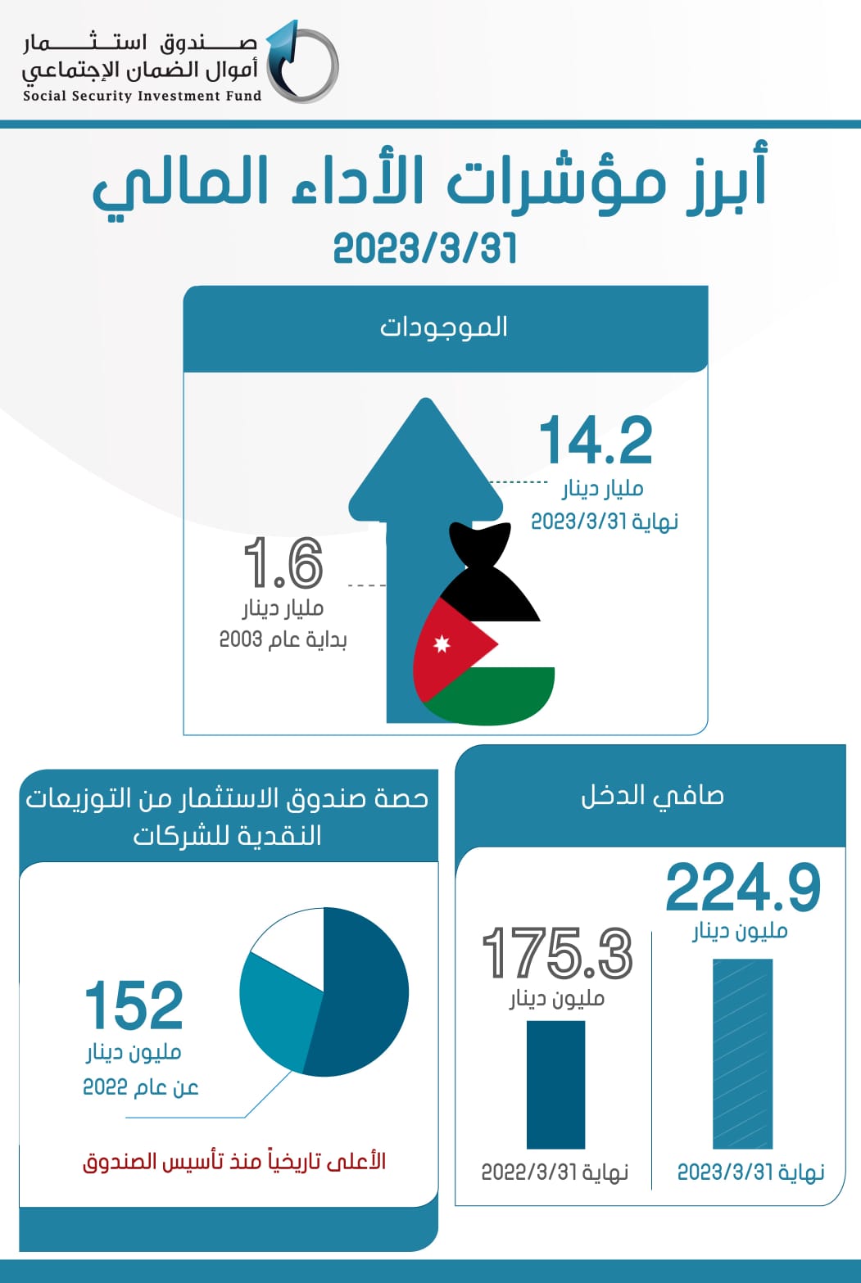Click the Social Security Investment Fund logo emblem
tap(301, 62)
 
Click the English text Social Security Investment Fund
tap(142, 96)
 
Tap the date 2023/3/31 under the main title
tap(424, 248)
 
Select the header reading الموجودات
tap(444, 327)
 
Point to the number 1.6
tap(283, 563)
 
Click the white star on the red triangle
tap(442, 644)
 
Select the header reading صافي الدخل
tap(652, 795)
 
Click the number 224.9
tap(742, 888)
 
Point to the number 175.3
tap(557, 953)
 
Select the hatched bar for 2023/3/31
tap(742, 1054)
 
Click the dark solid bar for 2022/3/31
tap(555, 1084)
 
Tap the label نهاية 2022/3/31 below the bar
tap(555, 1172)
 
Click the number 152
tap(134, 1005)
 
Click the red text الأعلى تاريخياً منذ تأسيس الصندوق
tap(234, 1161)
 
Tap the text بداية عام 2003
tap(283, 639)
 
